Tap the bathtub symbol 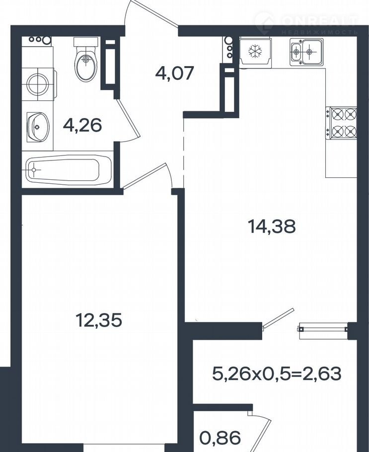69,169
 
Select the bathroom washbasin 38,127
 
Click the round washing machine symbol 37,83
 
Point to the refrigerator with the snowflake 255,52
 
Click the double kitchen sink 306,51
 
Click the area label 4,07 174,73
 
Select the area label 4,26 83,125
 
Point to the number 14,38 272,226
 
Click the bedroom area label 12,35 99,320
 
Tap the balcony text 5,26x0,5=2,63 277,374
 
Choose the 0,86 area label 220,438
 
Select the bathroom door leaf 128,118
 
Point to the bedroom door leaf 144,176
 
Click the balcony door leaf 278,318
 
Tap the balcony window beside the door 323,329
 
